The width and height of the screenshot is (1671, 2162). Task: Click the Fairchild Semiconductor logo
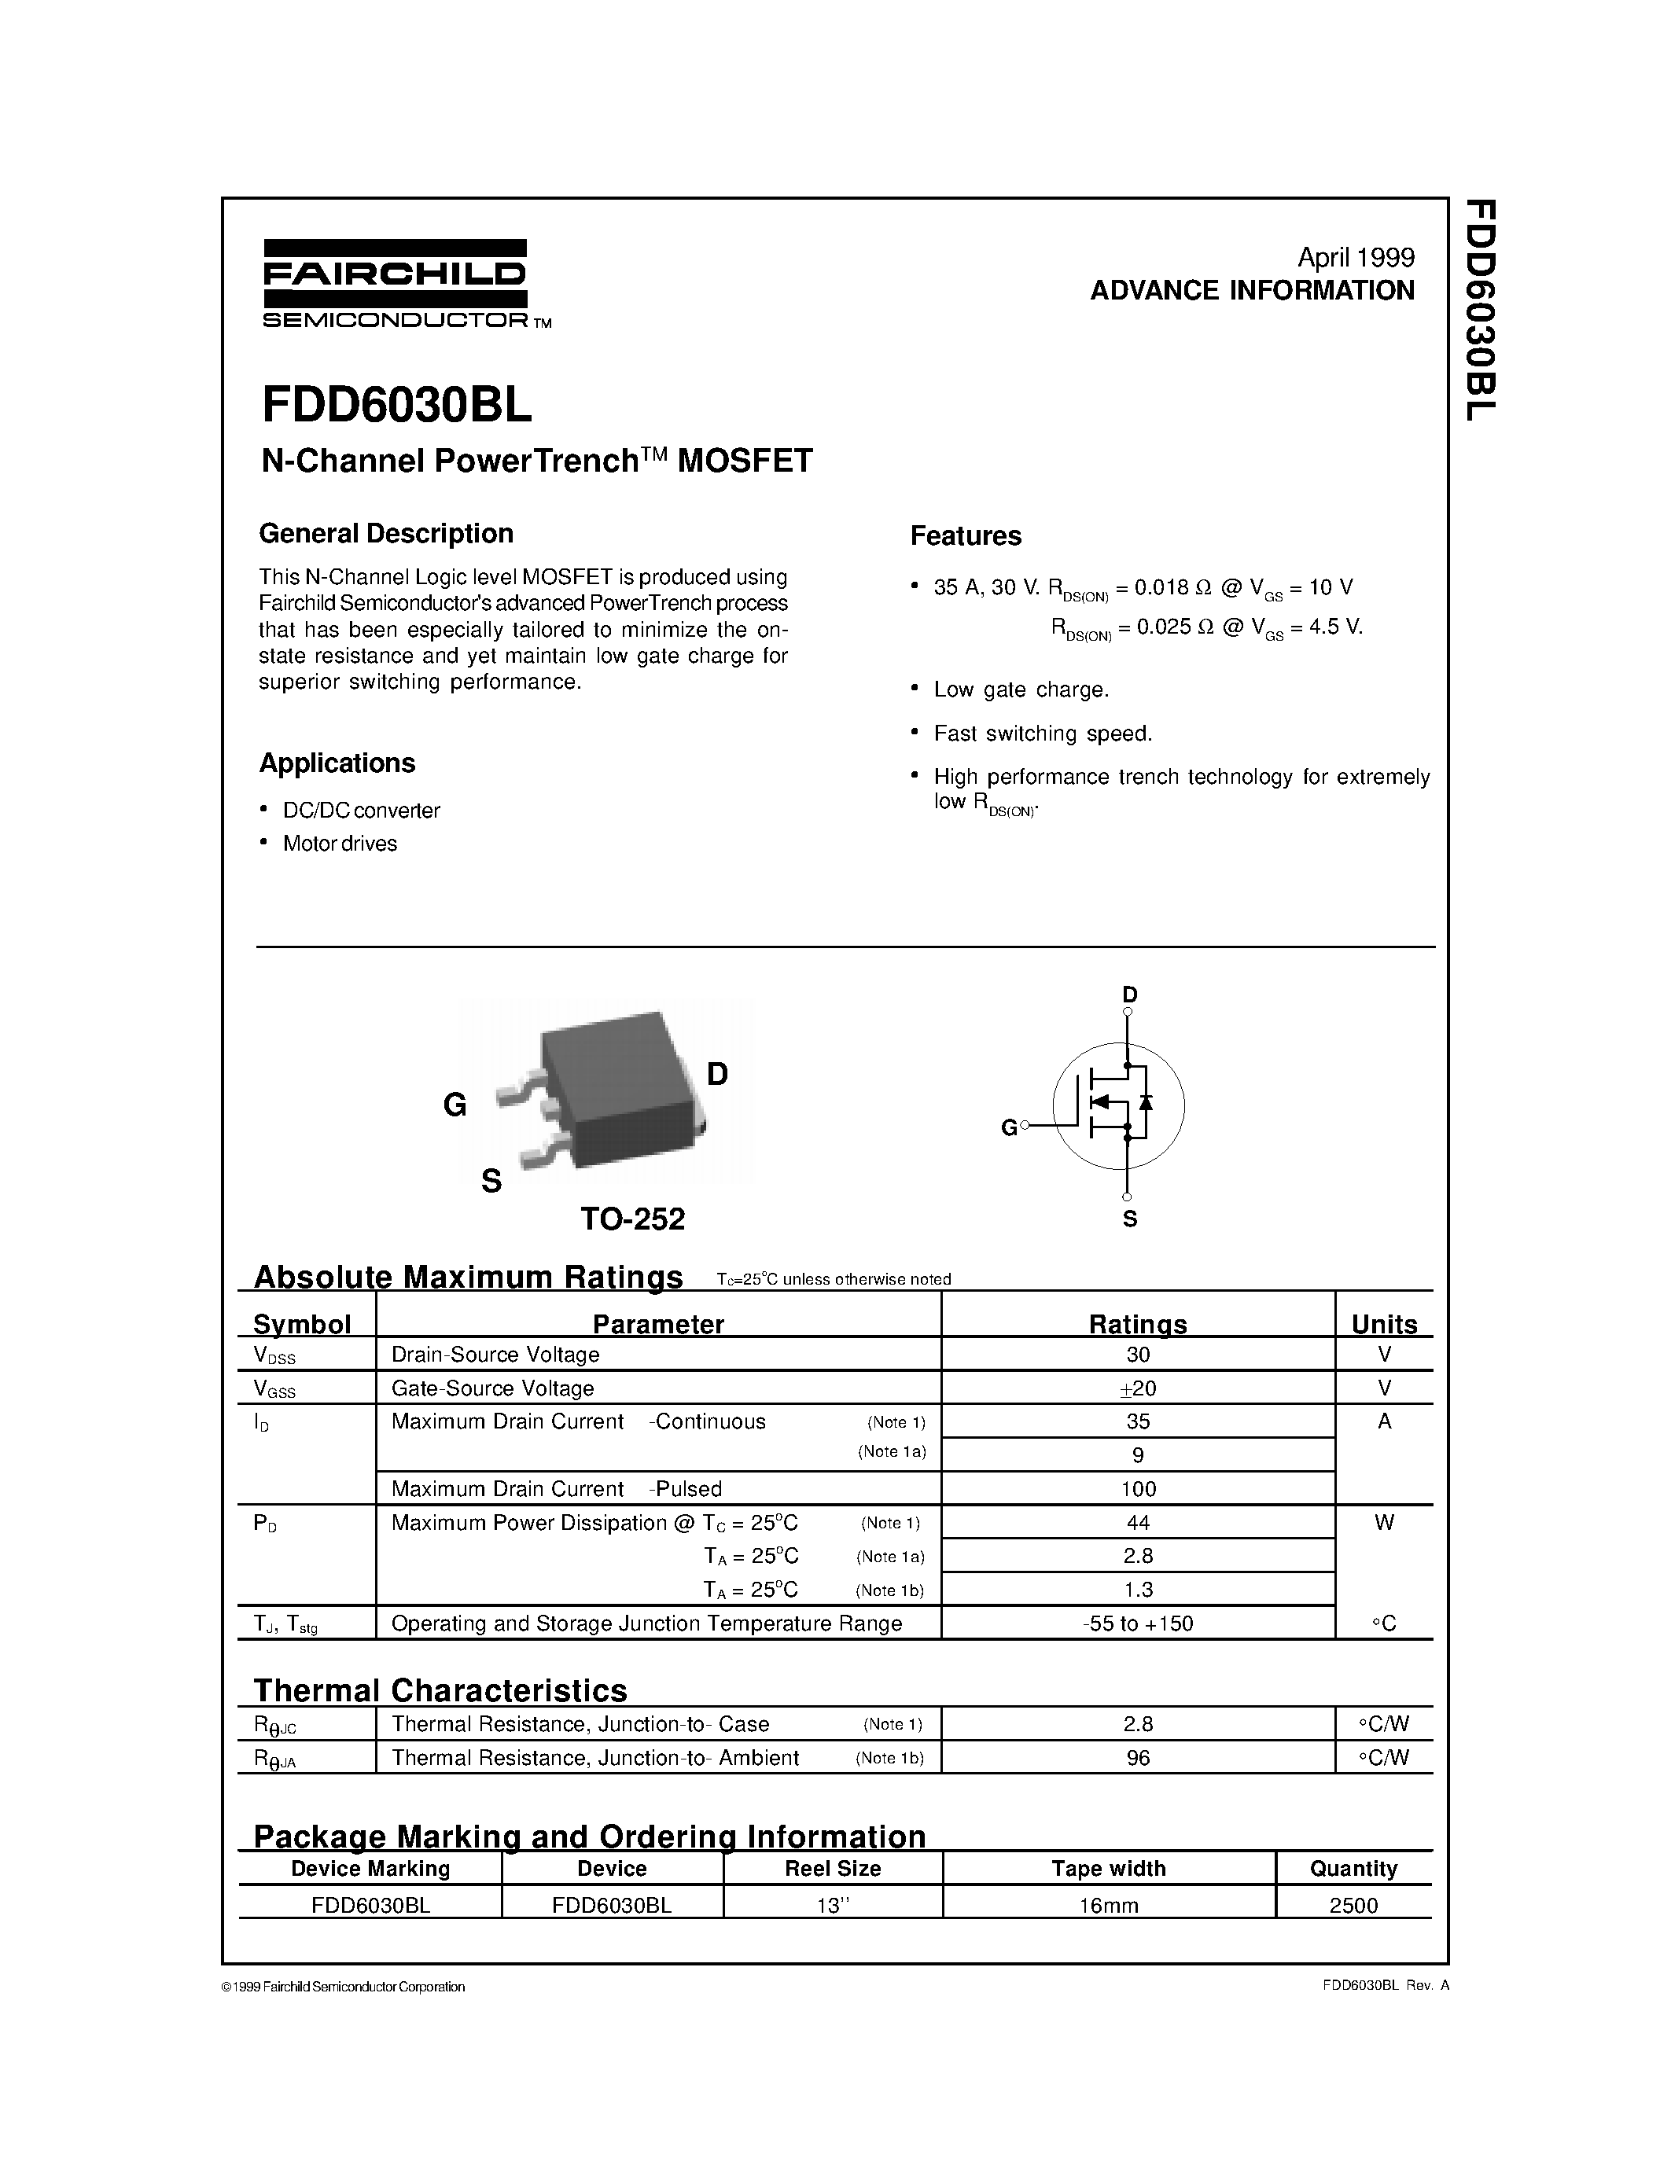point(396,283)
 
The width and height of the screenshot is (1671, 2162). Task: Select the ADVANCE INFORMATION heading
point(1252,291)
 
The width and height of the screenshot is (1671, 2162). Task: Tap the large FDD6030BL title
point(396,404)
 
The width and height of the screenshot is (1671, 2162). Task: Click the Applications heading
point(337,763)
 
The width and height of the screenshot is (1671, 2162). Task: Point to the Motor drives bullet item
point(340,844)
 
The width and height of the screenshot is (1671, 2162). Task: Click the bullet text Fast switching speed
point(1043,734)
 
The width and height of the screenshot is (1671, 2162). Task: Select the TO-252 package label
point(632,1219)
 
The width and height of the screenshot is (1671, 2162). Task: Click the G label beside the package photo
point(455,1105)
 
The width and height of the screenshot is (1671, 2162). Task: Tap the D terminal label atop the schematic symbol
point(1129,994)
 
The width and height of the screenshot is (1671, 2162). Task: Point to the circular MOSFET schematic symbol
point(1119,1105)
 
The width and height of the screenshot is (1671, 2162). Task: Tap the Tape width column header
point(1108,1869)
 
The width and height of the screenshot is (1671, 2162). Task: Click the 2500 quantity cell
point(1353,1906)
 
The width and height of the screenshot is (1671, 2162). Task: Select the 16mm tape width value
point(1108,1906)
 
